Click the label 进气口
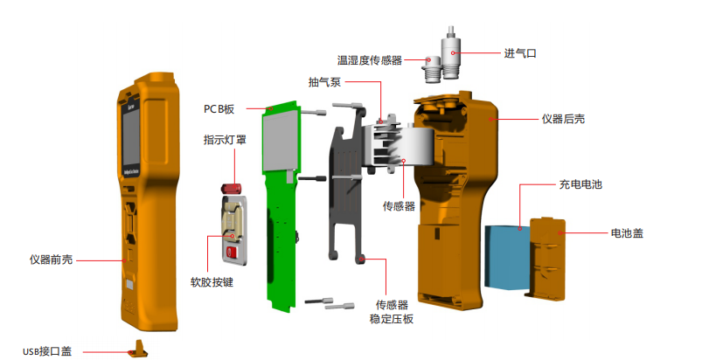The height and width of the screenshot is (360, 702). pyautogui.click(x=519, y=53)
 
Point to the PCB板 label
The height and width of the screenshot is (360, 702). pyautogui.click(x=219, y=108)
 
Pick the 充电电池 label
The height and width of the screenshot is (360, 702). pyautogui.click(x=580, y=185)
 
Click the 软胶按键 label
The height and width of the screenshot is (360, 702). pyautogui.click(x=212, y=283)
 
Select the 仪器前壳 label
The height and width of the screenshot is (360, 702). pyautogui.click(x=51, y=260)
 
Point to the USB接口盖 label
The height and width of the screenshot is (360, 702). pyautogui.click(x=49, y=350)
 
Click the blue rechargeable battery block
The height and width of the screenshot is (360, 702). pyautogui.click(x=505, y=257)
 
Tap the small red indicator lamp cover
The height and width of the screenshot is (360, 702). pyautogui.click(x=234, y=189)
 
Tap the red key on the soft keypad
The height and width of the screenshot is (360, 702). pyautogui.click(x=231, y=253)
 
